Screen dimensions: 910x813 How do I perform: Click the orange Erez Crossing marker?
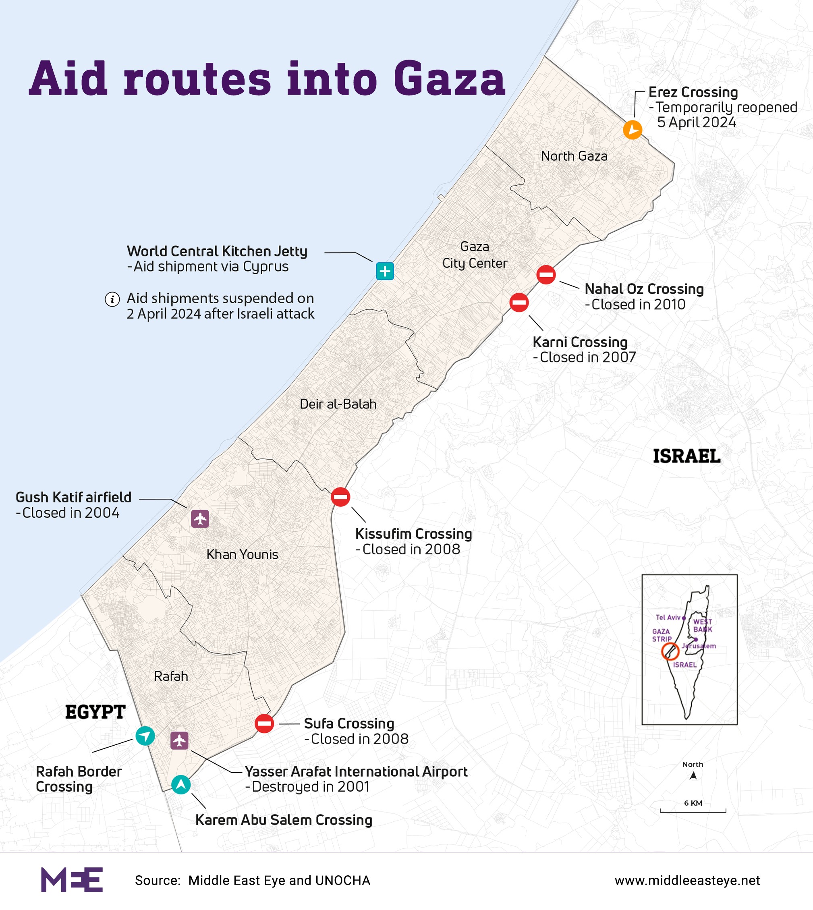633,130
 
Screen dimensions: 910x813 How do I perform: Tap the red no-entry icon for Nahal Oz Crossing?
546,274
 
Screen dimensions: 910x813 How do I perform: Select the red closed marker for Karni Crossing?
519,303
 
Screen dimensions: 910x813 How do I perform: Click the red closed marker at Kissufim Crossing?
340,497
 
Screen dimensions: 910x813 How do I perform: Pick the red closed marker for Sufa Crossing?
264,723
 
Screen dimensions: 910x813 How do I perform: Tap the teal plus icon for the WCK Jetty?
385,271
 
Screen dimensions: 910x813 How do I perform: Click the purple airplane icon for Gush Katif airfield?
200,519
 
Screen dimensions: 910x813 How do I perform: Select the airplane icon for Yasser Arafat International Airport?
180,741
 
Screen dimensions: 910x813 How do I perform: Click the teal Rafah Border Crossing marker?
145,736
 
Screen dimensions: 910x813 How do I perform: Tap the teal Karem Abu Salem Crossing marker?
181,784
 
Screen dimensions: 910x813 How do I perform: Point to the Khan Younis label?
242,554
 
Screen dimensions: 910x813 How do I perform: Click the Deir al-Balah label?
338,404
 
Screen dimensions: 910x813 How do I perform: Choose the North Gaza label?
574,156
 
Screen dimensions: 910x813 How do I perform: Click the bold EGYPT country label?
95,712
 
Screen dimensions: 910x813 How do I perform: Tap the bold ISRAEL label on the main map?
686,456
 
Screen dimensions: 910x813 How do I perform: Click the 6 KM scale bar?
693,810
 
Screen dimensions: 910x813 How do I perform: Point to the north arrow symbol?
693,775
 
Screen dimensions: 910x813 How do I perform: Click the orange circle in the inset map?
670,651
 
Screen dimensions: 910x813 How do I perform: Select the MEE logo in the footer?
72,880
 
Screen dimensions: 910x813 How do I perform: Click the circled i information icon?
112,299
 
